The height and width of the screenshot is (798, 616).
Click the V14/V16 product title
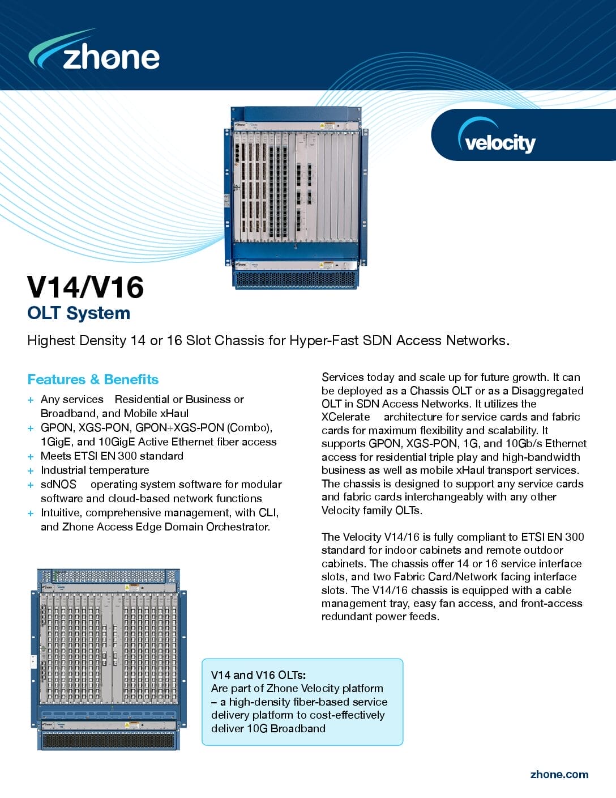pos(85,287)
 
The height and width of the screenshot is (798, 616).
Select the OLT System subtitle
pos(79,313)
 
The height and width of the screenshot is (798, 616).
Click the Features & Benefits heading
pos(93,379)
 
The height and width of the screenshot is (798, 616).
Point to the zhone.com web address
pos(559,774)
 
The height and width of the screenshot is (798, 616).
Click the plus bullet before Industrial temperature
pos(31,470)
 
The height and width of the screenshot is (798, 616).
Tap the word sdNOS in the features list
pos(58,485)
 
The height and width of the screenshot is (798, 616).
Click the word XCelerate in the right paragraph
pos(345,417)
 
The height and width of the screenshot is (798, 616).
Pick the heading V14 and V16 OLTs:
pos(258,675)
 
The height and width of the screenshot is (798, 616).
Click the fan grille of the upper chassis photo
pos(296,280)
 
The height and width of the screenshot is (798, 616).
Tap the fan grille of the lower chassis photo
pos(109,740)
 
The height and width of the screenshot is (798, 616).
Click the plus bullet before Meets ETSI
pos(31,456)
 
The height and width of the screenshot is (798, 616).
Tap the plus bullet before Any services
pos(31,400)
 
